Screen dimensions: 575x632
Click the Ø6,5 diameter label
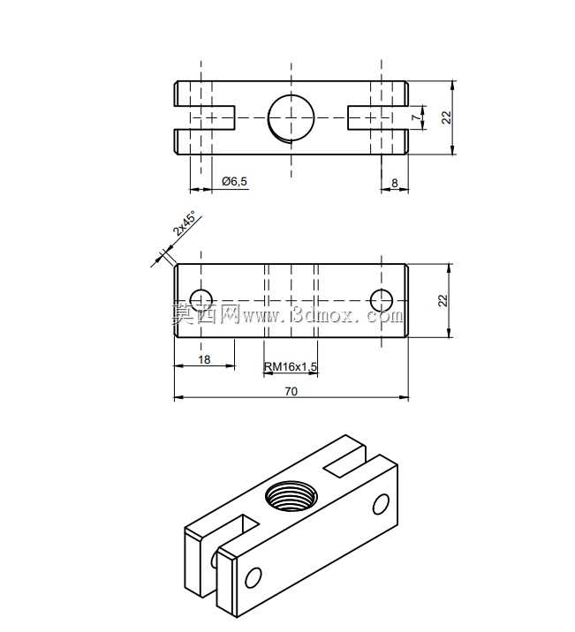click(234, 182)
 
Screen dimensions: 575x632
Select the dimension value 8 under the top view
click(395, 183)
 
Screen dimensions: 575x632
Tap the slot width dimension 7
click(416, 117)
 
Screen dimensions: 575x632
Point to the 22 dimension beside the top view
click(446, 117)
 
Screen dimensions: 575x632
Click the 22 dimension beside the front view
click(443, 301)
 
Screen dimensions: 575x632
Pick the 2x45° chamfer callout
click(186, 223)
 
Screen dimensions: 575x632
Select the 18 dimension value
click(204, 359)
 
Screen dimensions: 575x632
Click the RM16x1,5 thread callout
click(291, 367)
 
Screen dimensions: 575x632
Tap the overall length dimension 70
click(291, 391)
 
